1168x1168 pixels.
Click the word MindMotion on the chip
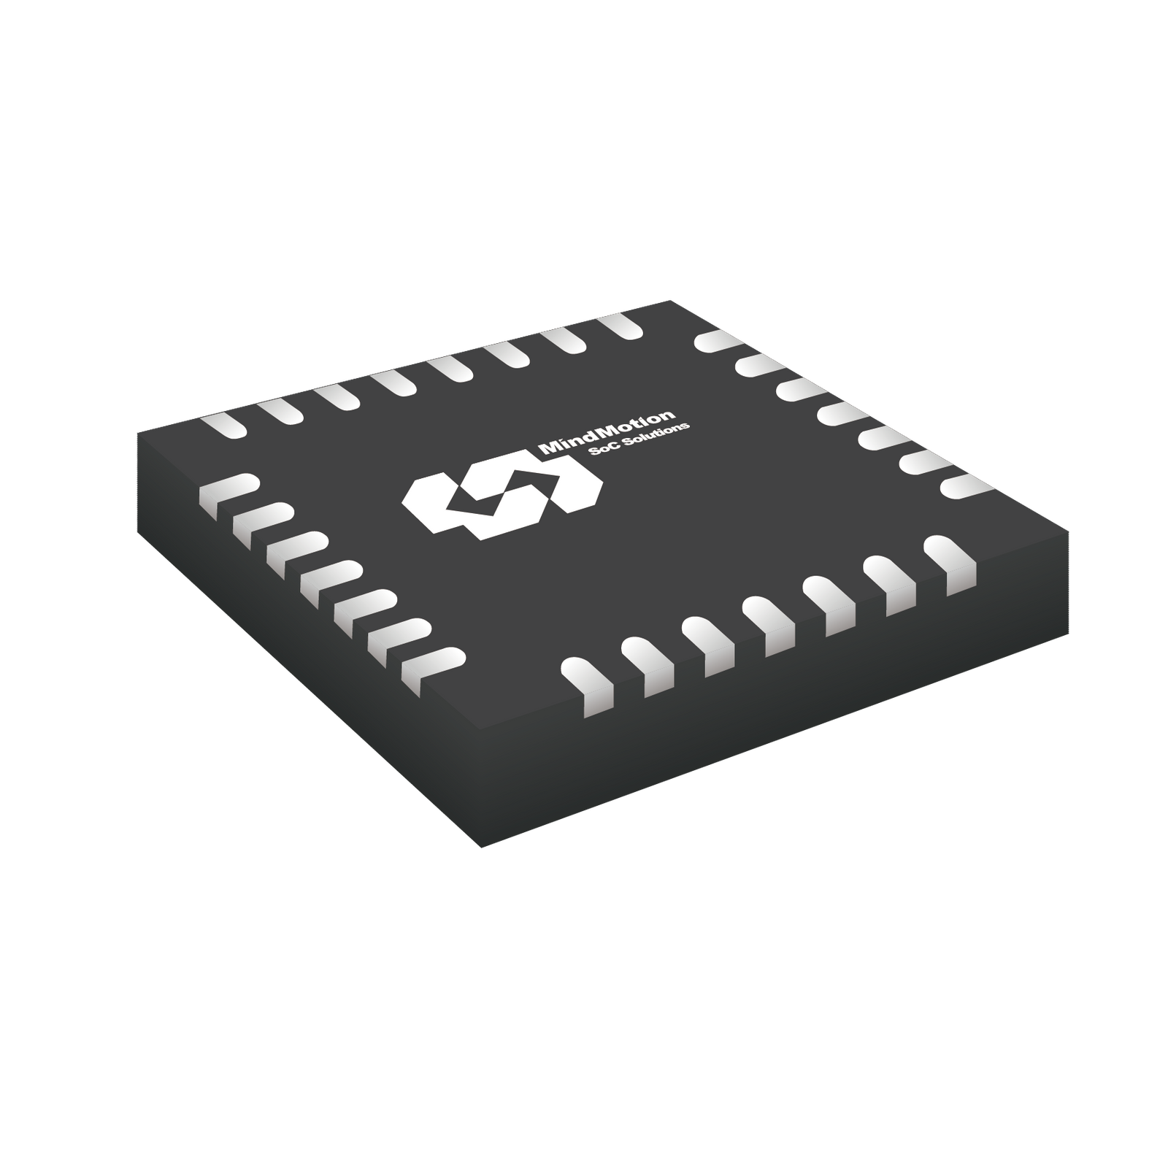click(x=606, y=432)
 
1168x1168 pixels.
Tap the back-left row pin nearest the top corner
click(x=620, y=326)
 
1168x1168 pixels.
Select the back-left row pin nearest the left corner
click(x=222, y=426)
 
